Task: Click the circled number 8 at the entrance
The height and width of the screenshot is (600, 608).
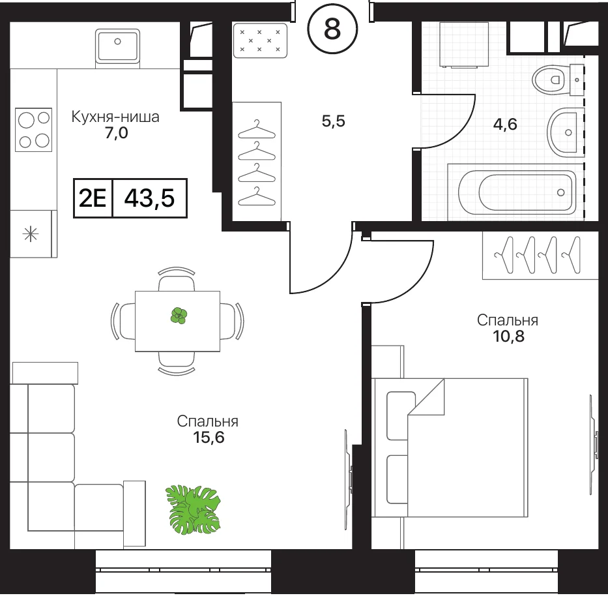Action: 332,29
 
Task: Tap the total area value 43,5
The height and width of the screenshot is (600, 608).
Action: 149,198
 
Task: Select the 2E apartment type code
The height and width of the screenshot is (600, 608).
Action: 93,198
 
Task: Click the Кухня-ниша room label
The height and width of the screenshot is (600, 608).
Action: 115,117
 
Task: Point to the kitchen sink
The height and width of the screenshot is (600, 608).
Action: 117,46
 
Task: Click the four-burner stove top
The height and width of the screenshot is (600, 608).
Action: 33,130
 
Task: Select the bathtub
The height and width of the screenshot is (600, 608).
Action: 517,192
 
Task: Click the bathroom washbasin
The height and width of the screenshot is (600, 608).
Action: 566,133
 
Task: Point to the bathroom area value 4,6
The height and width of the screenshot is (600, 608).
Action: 505,124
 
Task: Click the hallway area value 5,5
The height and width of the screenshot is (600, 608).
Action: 334,121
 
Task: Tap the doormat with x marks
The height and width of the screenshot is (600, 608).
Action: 260,40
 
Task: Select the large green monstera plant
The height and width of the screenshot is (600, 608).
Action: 193,509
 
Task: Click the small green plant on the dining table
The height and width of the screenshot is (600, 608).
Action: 179,316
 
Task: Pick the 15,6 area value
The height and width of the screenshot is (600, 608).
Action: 209,438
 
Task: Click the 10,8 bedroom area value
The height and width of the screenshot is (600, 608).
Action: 509,336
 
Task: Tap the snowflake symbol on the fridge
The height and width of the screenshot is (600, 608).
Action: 31,234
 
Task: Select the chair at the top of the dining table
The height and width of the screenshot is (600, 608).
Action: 177,279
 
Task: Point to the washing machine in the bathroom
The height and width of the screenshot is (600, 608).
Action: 464,44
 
